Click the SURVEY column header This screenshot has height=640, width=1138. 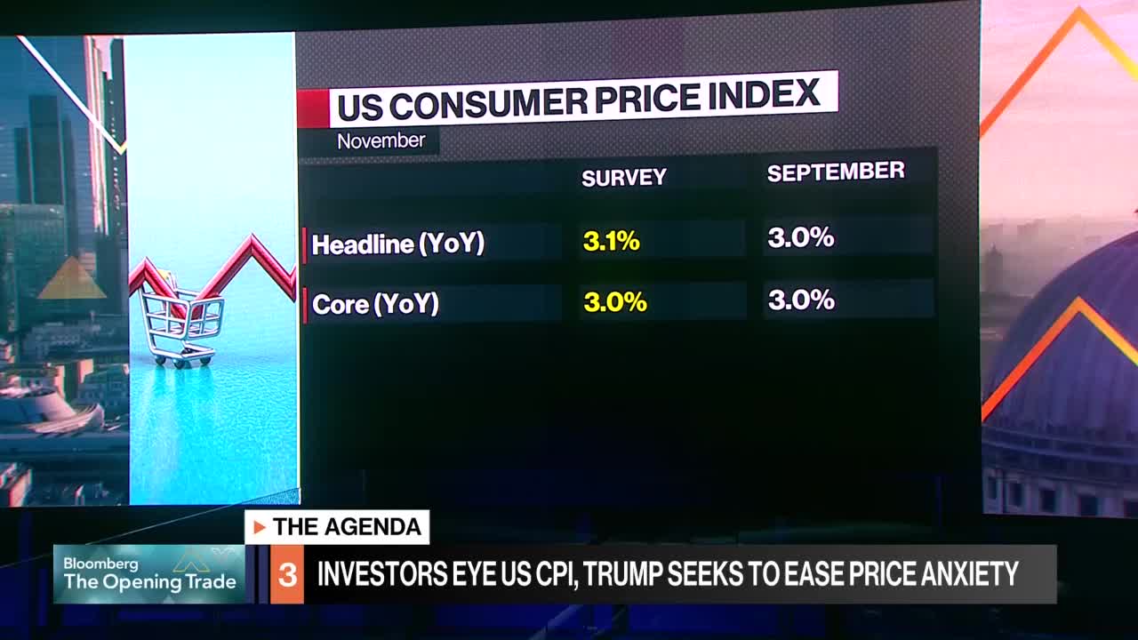tap(623, 178)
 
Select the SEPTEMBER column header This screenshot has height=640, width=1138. tap(836, 172)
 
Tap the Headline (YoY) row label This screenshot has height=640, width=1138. tap(397, 244)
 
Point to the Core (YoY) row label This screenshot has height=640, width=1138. tap(375, 305)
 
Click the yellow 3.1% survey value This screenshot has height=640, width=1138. tap(611, 241)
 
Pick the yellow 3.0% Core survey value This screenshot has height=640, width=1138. tap(614, 302)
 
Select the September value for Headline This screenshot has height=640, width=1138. tap(800, 237)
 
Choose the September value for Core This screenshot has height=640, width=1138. tap(800, 300)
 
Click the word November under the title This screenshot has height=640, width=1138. tap(381, 141)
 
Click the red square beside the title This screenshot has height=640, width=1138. tap(312, 109)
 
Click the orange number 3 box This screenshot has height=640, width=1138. tap(287, 575)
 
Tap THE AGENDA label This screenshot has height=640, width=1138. tap(347, 527)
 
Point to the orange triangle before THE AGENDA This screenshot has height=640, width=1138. tap(260, 528)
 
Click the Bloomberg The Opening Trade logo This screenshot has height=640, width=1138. tap(149, 574)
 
